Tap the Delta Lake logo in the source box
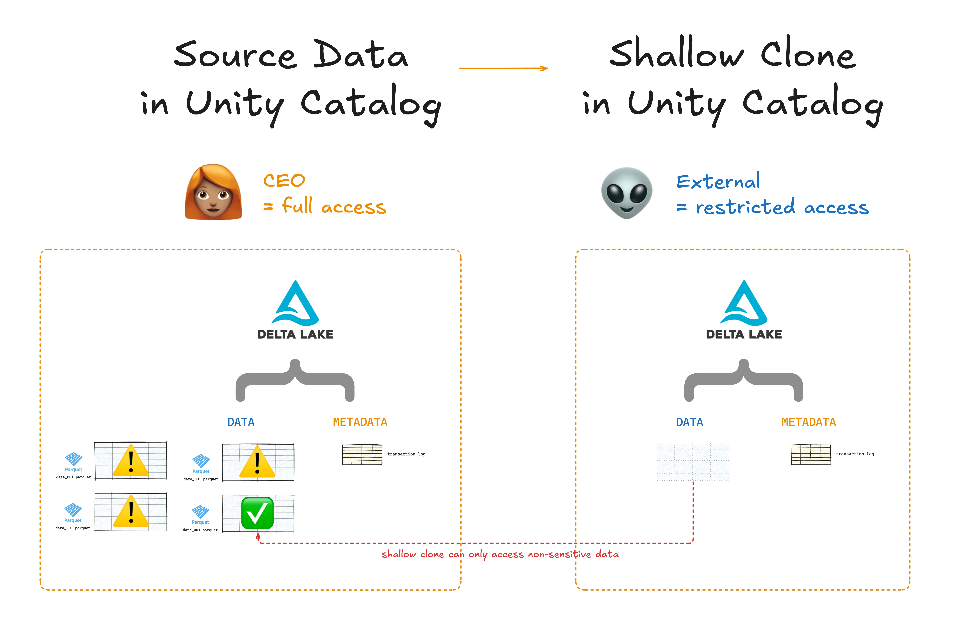point(295,310)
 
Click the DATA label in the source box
point(241,422)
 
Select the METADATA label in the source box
point(360,422)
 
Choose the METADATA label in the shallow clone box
point(808,422)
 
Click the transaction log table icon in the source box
point(362,454)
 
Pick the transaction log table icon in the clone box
point(811,454)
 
